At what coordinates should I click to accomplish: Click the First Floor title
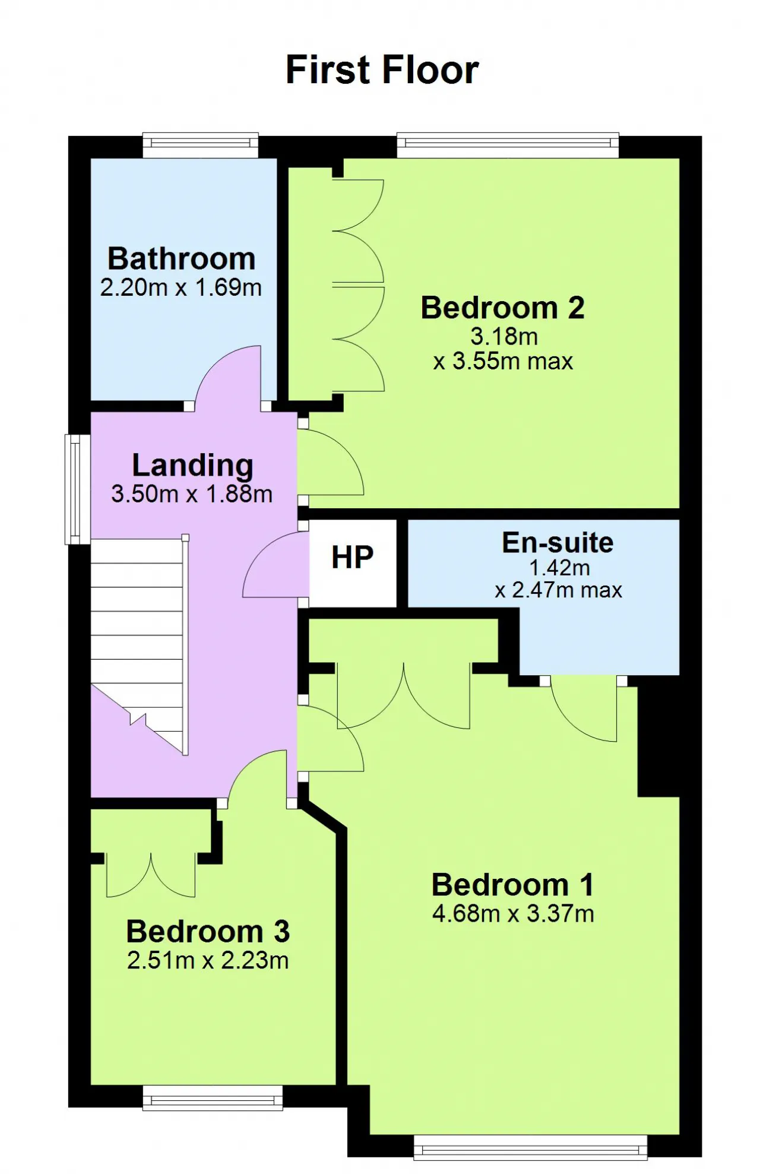coord(382,70)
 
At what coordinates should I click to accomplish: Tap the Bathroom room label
coord(181,259)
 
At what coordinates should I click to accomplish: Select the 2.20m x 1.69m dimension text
coord(180,287)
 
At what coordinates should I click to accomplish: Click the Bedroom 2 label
coord(502,308)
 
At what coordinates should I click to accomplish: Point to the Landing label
coord(192,466)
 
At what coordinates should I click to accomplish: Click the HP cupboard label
coord(353,557)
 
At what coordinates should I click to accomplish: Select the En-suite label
coord(558,543)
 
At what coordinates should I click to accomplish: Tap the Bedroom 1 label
coord(512,885)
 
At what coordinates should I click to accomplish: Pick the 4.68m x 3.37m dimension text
coord(513,913)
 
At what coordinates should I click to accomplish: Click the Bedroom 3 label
coord(208,931)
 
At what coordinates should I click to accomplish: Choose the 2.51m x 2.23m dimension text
coord(208,960)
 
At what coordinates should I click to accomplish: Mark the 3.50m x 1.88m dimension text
coord(192,494)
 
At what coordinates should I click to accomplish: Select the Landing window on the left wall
coord(77,489)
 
